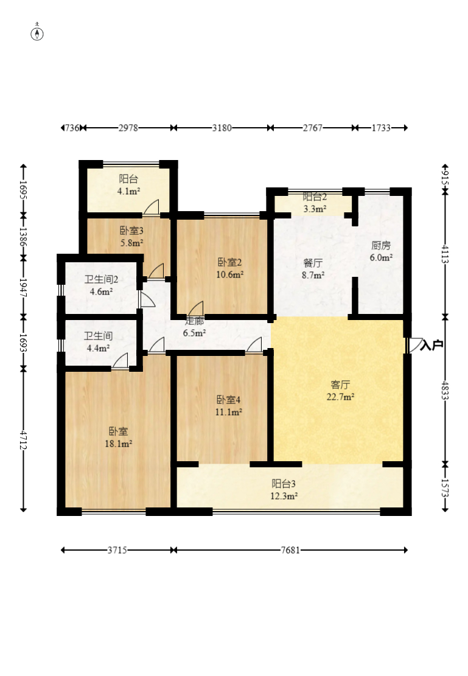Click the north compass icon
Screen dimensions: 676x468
pos(38,33)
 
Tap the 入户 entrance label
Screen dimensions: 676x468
pos(431,345)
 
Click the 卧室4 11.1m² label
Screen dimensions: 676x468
pos(229,406)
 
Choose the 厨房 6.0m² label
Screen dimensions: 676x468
pos(382,251)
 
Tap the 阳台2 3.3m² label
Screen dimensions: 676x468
pos(315,203)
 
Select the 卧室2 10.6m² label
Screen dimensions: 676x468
pos(230,268)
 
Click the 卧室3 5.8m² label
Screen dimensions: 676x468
pos(131,236)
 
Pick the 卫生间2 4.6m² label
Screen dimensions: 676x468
pos(100,285)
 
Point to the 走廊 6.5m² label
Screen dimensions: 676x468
pos(195,327)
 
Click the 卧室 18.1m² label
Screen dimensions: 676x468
pos(119,437)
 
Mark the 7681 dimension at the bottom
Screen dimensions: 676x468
pos(290,550)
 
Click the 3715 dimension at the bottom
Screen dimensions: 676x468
pos(117,550)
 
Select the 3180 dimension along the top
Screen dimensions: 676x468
pos(222,128)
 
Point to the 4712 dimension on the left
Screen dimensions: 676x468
pos(23,440)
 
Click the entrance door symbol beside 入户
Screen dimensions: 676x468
pos(415,345)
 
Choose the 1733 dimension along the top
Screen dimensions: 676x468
pos(381,128)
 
